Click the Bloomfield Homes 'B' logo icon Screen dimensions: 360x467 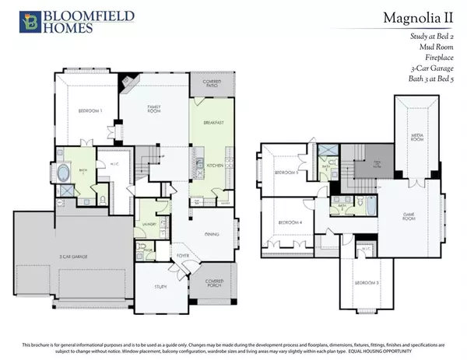coord(13,21)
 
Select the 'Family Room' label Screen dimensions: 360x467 coord(153,113)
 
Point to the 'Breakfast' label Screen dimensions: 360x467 coord(213,122)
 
